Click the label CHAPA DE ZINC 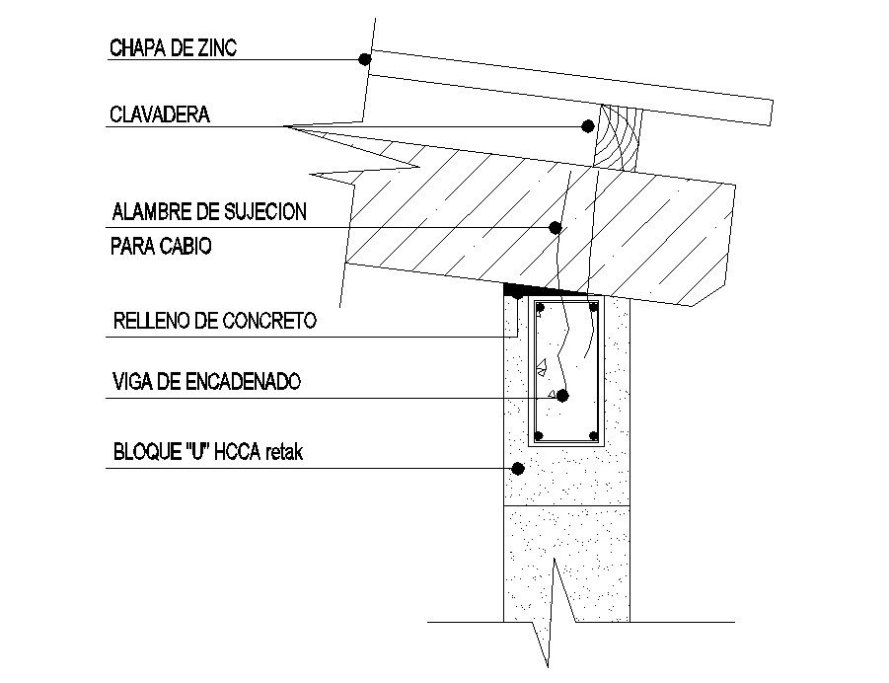173,48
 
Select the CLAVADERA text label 159,114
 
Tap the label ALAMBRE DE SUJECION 208,211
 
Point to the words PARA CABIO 161,247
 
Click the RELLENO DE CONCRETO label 214,321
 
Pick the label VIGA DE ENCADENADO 206,381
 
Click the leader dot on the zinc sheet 364,59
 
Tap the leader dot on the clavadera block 587,126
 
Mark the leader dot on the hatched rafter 555,228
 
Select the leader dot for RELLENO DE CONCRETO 516,294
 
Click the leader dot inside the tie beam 562,396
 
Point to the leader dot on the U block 515,468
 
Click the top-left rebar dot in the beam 540,309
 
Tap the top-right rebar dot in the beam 594,309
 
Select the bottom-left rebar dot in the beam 540,435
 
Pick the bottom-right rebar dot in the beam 593,435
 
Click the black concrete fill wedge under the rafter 523,289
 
